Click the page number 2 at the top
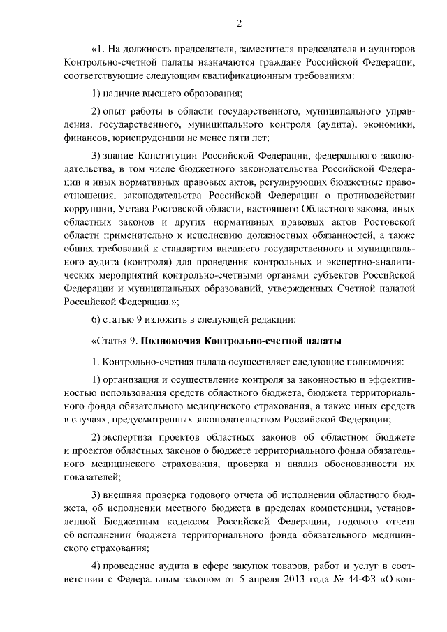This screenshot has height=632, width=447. click(x=238, y=24)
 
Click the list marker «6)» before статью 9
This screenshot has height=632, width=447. click(x=98, y=319)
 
